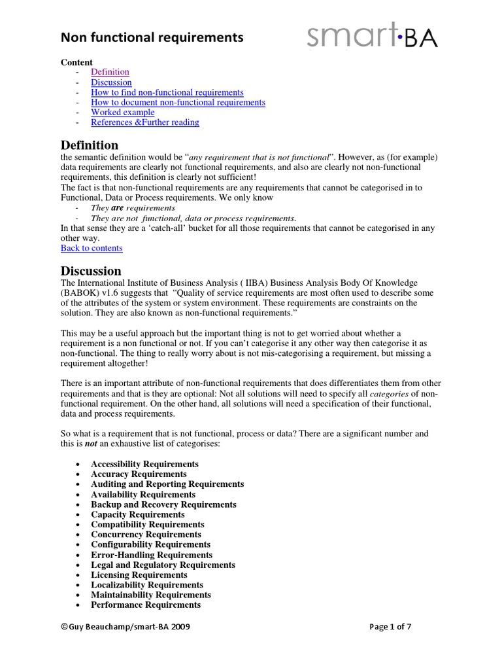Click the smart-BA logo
[x=373, y=37]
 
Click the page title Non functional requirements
[x=152, y=39]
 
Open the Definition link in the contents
[x=110, y=72]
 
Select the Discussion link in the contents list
[x=111, y=82]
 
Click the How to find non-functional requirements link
[x=167, y=92]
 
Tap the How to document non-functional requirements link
[x=178, y=102]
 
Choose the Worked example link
[x=122, y=112]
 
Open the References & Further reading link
[x=144, y=122]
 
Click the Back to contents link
[x=92, y=248]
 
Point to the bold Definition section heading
[x=90, y=145]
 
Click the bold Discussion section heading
[x=91, y=271]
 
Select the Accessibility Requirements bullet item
[x=144, y=464]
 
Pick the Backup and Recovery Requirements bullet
[x=163, y=504]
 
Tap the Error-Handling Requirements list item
[x=152, y=555]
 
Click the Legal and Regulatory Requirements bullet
[x=163, y=565]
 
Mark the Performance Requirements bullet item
[x=145, y=605]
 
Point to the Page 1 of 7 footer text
[x=390, y=627]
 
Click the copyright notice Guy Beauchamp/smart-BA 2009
[x=125, y=627]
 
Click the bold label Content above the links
[x=76, y=62]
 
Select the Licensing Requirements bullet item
[x=139, y=575]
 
